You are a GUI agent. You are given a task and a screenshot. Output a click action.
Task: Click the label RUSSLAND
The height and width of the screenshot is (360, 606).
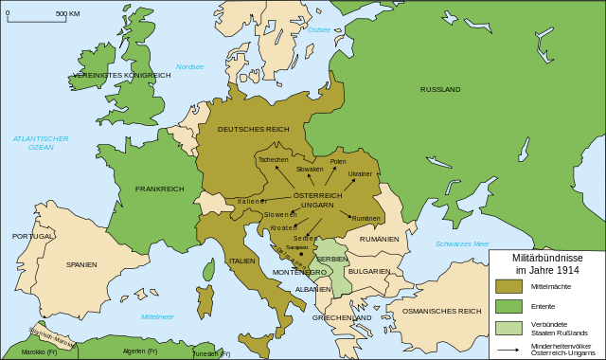440,89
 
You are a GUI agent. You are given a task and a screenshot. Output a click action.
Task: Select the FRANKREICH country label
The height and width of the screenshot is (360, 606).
159,189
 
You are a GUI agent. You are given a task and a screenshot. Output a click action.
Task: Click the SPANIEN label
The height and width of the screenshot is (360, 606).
81,264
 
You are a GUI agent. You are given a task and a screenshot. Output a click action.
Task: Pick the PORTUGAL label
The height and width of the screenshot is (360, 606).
32,236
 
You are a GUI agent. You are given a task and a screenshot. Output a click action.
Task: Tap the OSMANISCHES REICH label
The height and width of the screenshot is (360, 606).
441,311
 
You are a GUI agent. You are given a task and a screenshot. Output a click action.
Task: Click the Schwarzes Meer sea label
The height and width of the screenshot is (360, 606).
462,243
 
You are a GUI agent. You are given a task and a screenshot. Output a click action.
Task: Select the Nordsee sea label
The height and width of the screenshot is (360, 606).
189,66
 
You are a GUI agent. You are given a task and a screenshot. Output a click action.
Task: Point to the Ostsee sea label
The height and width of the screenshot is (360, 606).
319,29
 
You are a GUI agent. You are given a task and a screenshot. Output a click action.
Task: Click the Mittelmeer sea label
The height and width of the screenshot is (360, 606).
157,315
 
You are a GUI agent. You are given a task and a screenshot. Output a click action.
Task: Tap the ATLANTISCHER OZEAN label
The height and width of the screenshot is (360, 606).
41,143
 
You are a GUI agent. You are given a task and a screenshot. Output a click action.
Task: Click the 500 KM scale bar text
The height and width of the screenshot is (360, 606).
67,14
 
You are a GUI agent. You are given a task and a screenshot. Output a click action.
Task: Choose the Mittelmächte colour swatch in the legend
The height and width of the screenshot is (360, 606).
508,286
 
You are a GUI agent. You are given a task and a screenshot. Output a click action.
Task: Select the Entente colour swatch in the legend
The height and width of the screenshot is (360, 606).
508,307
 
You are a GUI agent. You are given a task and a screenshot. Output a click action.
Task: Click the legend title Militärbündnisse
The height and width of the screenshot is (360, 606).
547,258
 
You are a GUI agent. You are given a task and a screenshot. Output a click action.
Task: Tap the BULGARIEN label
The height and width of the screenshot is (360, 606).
369,271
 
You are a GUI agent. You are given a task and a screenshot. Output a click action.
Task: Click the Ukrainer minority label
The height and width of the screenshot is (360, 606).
360,174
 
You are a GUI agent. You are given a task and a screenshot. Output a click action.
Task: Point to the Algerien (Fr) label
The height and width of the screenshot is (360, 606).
140,351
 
